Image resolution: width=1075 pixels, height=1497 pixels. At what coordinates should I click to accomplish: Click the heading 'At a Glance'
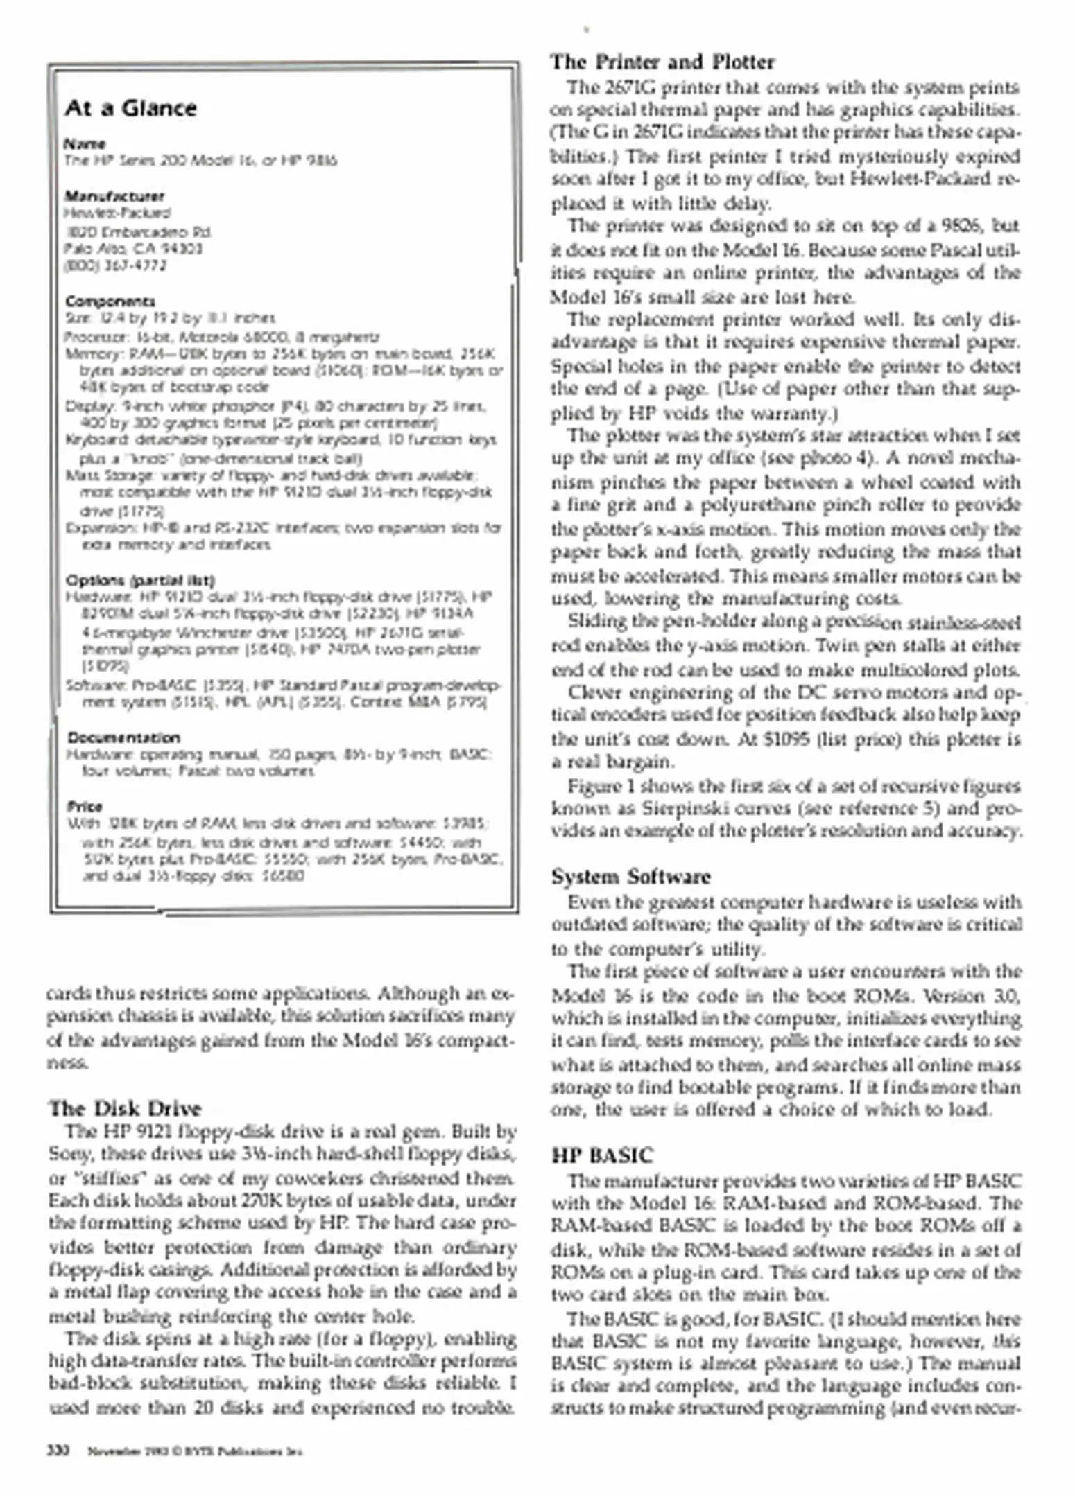pyautogui.click(x=131, y=109)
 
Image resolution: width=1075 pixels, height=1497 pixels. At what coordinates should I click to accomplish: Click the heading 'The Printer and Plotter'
pyautogui.click(x=662, y=62)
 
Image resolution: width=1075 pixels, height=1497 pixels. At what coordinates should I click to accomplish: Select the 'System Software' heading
pyautogui.click(x=630, y=877)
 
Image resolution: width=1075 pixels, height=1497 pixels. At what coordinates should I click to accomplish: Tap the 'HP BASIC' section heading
pyautogui.click(x=602, y=1155)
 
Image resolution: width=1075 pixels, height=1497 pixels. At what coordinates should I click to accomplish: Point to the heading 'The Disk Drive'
pyautogui.click(x=124, y=1108)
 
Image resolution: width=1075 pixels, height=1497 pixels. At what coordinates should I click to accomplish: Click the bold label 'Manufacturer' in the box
pyautogui.click(x=114, y=196)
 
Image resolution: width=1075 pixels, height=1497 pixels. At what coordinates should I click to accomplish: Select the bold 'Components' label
pyautogui.click(x=110, y=301)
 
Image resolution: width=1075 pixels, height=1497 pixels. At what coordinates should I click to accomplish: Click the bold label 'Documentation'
pyautogui.click(x=124, y=737)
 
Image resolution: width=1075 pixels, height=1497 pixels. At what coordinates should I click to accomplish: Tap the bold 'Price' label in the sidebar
pyautogui.click(x=85, y=807)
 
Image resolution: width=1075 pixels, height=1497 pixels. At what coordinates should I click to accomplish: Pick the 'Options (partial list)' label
pyautogui.click(x=140, y=580)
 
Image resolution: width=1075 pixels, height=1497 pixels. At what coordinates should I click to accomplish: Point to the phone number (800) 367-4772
pyautogui.click(x=115, y=265)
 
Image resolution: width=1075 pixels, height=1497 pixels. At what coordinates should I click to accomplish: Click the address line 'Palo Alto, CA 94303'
pyautogui.click(x=133, y=248)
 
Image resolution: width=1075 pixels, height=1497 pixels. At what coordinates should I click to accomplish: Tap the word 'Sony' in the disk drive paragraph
pyautogui.click(x=69, y=1154)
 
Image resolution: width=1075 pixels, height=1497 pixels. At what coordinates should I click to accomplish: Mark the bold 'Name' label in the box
pyautogui.click(x=85, y=144)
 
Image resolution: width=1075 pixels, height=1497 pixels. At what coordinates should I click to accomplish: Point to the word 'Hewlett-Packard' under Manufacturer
pyautogui.click(x=117, y=213)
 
